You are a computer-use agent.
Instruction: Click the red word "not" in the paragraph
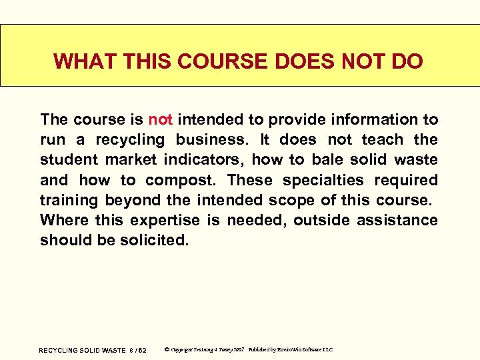pos(161,120)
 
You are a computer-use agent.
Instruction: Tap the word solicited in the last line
pos(154,240)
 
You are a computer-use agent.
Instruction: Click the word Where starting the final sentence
pos(63,220)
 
